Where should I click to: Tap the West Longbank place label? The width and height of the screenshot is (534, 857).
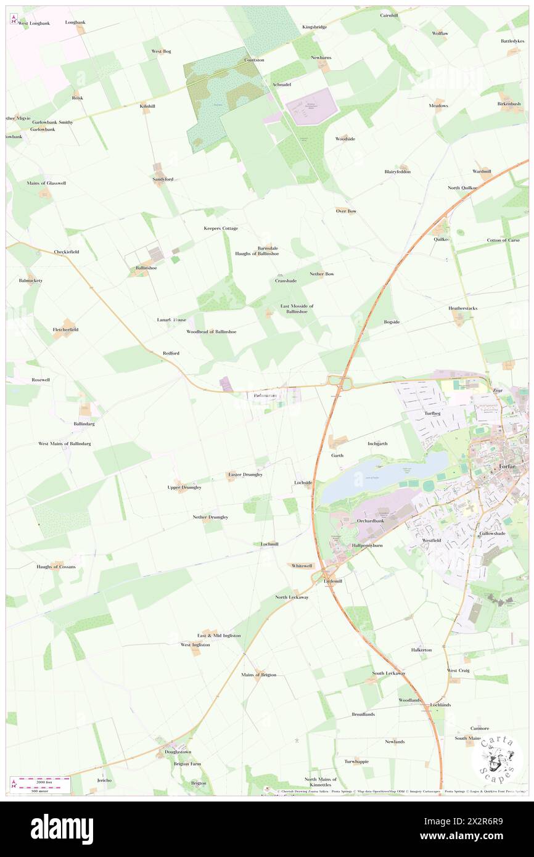[x=33, y=23]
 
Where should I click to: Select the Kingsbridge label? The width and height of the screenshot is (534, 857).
[x=314, y=27]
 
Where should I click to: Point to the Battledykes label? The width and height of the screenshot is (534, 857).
[x=512, y=41]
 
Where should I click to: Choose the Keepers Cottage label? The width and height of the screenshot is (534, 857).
[x=221, y=228]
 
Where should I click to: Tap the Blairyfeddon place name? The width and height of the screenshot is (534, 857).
[x=397, y=171]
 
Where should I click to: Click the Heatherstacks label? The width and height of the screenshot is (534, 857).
[x=462, y=308]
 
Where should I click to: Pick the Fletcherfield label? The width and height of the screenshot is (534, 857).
[x=65, y=330]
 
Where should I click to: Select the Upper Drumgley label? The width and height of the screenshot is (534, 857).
[x=184, y=487]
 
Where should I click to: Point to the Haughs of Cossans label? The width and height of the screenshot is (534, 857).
[x=56, y=566]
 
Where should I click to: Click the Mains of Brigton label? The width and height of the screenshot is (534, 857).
[x=259, y=675]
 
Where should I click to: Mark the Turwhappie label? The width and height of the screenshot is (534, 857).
[x=356, y=761]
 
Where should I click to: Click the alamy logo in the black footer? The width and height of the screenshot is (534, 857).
[x=62, y=829]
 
